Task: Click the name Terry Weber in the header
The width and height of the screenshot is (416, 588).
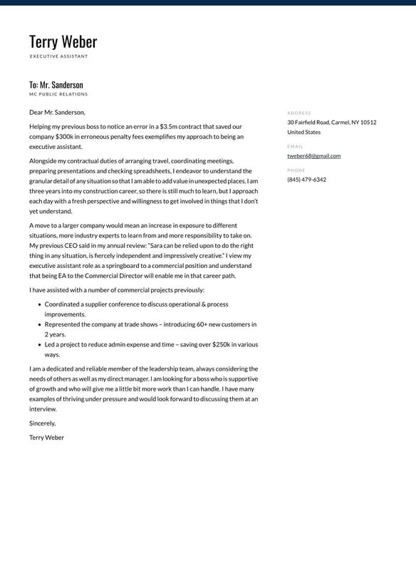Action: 63,42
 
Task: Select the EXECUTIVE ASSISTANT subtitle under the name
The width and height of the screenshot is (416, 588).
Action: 58,56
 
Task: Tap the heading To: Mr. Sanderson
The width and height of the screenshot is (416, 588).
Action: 56,85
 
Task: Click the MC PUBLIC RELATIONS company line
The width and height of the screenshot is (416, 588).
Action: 58,94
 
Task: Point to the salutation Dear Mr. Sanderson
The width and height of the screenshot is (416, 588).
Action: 57,112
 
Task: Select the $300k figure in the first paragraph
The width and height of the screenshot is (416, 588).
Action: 65,136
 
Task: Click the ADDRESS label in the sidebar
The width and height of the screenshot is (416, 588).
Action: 298,113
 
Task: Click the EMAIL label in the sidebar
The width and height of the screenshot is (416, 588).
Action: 295,146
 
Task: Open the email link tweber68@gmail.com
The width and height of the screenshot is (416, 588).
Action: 313,155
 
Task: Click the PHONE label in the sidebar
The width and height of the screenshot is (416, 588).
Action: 296,170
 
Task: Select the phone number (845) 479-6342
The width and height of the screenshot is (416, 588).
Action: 306,180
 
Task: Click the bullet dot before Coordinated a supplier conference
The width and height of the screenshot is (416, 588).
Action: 38,304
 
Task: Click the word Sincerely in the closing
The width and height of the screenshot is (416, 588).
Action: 42,423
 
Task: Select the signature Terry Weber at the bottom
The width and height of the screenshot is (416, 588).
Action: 46,438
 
